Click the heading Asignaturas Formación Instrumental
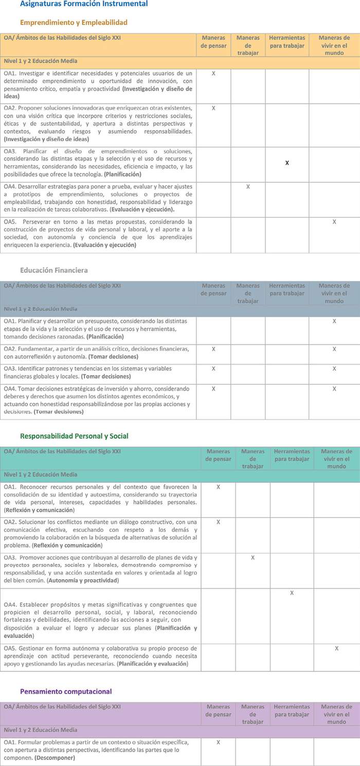click(84, 4)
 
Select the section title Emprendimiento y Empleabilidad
click(74, 23)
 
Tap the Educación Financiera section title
click(54, 270)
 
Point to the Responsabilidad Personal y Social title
click(74, 436)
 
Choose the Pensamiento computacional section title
click(66, 691)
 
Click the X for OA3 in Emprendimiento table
click(287, 163)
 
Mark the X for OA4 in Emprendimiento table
click(248, 187)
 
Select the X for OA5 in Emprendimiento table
click(334, 222)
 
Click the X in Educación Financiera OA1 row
click(334, 321)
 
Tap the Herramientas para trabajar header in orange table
click(287, 42)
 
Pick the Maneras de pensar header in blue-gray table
click(213, 289)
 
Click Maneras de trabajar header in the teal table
click(253, 459)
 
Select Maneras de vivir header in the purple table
click(337, 714)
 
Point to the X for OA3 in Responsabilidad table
click(253, 558)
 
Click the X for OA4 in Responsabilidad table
click(292, 593)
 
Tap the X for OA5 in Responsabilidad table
click(337, 649)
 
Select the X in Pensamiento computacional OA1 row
click(218, 742)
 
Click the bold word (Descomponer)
click(55, 758)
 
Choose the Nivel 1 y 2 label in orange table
click(41, 61)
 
